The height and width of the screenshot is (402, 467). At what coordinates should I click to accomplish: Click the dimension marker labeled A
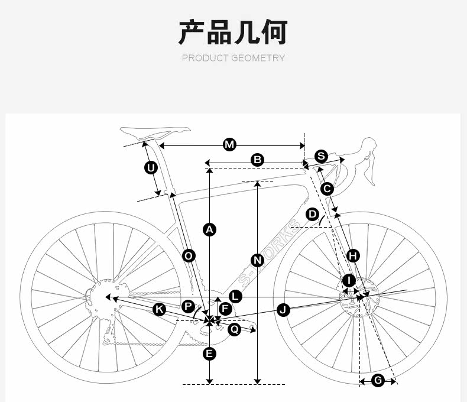(x=209, y=229)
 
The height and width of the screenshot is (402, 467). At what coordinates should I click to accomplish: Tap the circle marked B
(x=257, y=159)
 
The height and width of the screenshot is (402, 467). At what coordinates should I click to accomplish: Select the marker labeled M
(x=229, y=145)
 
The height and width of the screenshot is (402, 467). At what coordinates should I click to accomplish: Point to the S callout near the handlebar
(x=320, y=156)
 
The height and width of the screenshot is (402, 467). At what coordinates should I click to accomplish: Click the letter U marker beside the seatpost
(x=151, y=168)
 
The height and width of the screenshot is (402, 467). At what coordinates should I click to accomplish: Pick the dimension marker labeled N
(x=257, y=260)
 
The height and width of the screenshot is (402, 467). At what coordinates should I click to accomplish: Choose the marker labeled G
(x=378, y=380)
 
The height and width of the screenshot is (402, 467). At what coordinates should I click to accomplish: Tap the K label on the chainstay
(x=159, y=309)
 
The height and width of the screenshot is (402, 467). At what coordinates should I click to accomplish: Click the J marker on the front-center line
(x=284, y=309)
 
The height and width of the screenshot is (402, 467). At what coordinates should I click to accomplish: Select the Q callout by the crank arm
(x=234, y=329)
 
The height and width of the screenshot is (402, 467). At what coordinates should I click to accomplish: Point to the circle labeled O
(x=189, y=255)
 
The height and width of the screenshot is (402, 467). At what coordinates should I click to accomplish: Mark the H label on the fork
(x=353, y=255)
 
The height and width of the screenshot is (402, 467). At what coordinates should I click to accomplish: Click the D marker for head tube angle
(x=313, y=213)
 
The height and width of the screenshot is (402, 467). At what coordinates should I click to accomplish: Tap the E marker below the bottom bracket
(x=209, y=354)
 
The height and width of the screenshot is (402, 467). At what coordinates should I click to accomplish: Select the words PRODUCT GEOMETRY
(x=233, y=58)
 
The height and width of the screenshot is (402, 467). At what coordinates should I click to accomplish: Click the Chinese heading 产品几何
(x=233, y=32)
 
